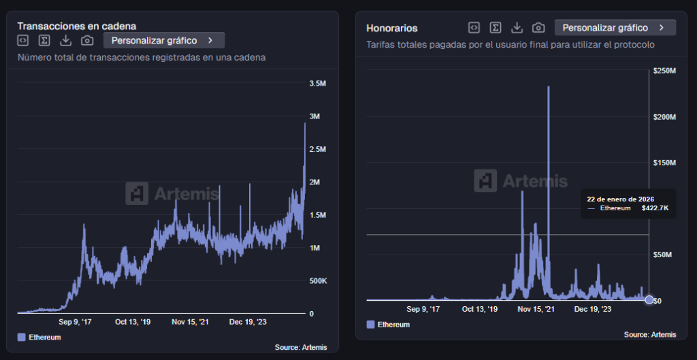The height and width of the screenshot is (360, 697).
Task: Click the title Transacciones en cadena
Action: pos(76,26)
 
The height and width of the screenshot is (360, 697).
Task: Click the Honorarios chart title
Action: pos(391,28)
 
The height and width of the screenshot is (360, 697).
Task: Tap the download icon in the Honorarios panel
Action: pos(517,27)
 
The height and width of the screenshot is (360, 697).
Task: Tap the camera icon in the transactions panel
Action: pos(87,40)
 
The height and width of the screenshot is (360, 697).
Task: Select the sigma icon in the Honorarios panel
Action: pos(496,27)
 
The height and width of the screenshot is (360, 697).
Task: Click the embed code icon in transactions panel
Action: pos(22,40)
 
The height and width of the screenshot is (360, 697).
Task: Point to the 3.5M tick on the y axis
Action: pos(317,83)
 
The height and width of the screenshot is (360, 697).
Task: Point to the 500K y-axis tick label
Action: pos(317,281)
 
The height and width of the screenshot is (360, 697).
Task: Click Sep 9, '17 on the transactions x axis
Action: pos(75,322)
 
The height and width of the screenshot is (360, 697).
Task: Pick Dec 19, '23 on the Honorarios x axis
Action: pos(593,308)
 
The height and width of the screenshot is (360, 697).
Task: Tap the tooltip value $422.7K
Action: pos(655,208)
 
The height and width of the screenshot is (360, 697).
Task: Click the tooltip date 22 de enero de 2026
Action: pos(620,199)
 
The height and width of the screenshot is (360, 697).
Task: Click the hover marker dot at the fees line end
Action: pos(649,299)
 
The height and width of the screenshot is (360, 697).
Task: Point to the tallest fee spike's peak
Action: pos(549,87)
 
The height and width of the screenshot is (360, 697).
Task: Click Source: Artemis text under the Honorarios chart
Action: pos(649,334)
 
